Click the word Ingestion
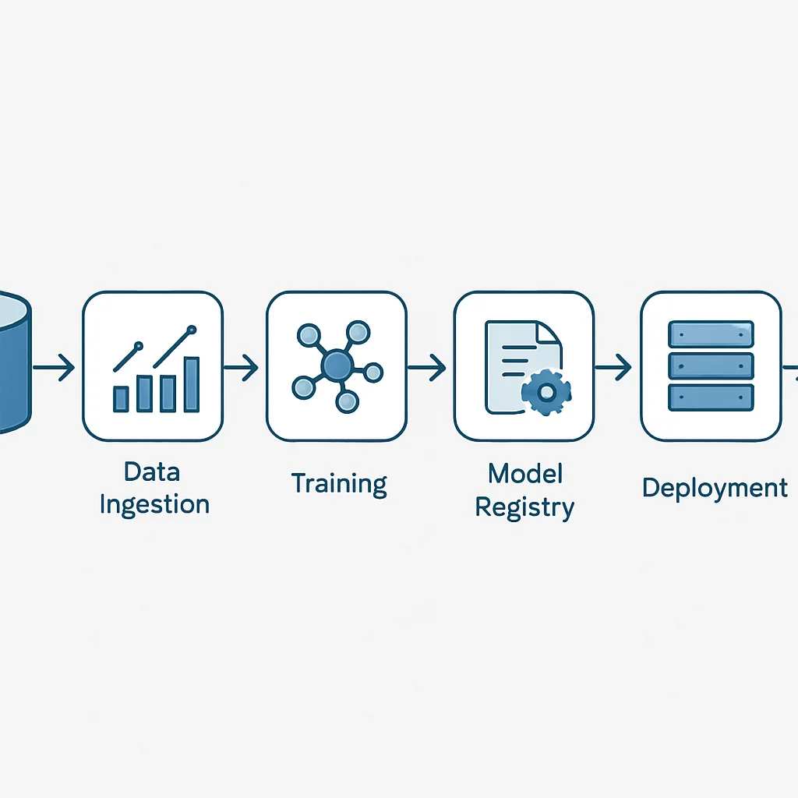click(155, 505)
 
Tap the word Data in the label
click(152, 471)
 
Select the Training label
click(339, 483)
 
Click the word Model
click(525, 473)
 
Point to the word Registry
click(524, 508)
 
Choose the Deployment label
click(715, 489)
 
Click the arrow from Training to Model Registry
click(426, 367)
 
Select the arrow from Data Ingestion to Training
click(241, 367)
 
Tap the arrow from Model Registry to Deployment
click(613, 367)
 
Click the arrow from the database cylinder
click(54, 367)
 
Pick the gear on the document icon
click(546, 393)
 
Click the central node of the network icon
click(337, 365)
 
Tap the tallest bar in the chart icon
click(192, 384)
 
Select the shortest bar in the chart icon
click(121, 399)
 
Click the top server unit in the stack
click(711, 334)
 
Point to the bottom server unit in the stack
click(711, 397)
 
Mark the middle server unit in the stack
click(711, 366)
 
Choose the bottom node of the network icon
click(347, 401)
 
